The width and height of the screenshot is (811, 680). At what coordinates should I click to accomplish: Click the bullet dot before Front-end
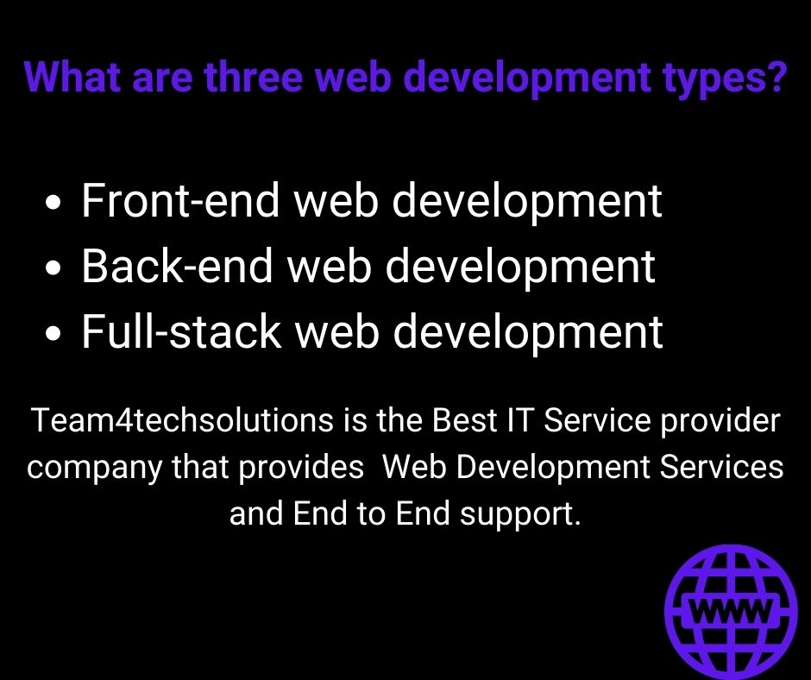54,205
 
